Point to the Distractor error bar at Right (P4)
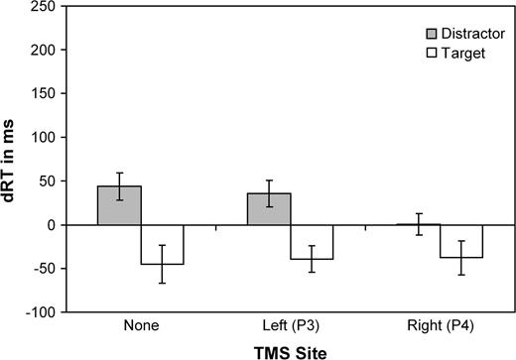tap(418, 224)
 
